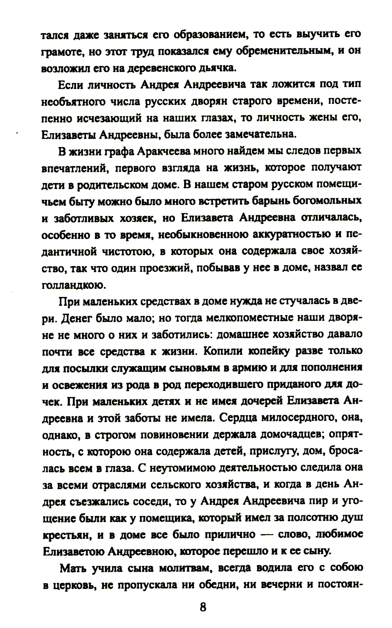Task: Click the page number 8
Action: click(x=203, y=607)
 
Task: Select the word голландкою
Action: click(x=73, y=285)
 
